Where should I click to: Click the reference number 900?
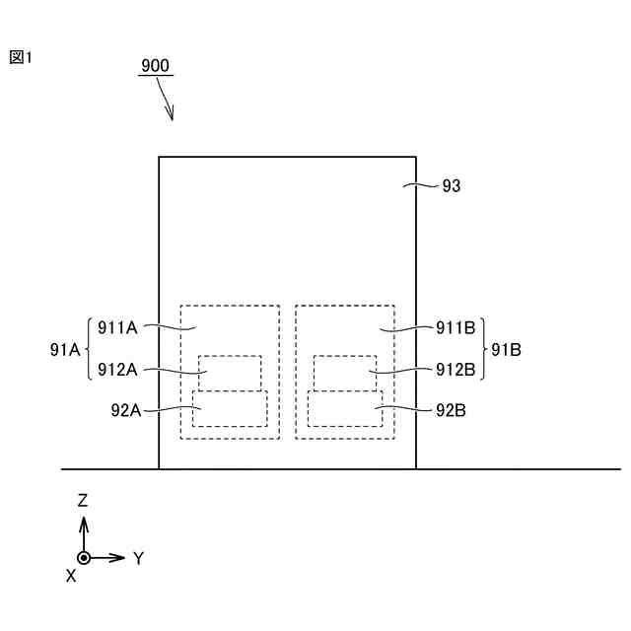click(155, 66)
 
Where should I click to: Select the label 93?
click(452, 184)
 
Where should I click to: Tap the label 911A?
click(117, 326)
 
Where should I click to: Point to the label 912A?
click(117, 370)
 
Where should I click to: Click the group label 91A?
click(64, 348)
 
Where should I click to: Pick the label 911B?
click(456, 326)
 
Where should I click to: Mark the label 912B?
click(456, 370)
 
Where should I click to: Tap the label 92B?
click(450, 408)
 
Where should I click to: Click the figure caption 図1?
click(22, 57)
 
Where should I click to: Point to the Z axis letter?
click(84, 501)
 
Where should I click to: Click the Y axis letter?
click(139, 558)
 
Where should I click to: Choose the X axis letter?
click(71, 576)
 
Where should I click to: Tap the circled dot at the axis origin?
click(85, 558)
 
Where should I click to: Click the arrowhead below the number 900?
click(172, 116)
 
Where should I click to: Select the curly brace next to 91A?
click(90, 348)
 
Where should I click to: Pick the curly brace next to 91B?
click(483, 348)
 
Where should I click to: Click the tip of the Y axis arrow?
click(126, 558)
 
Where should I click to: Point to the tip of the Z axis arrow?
click(85, 517)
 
